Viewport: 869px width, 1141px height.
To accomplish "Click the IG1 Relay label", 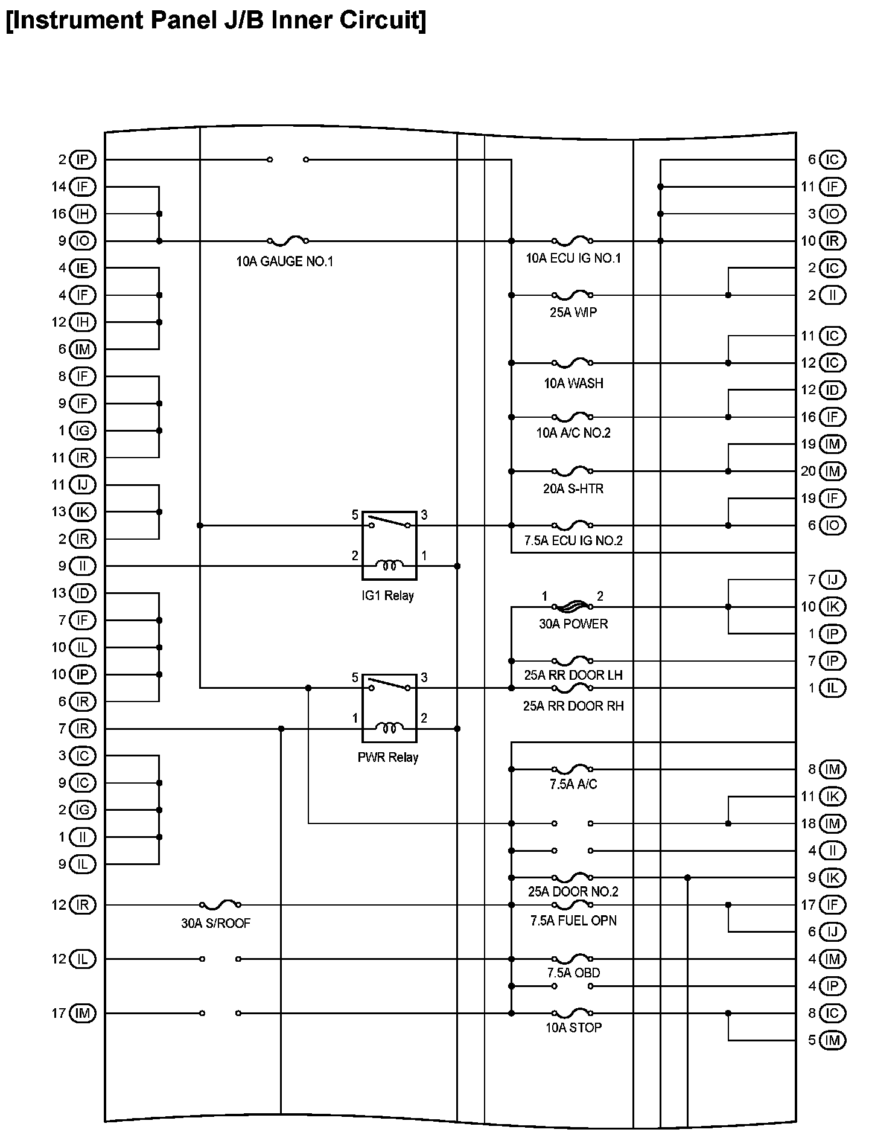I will point(388,596).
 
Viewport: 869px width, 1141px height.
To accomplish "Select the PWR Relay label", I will point(388,758).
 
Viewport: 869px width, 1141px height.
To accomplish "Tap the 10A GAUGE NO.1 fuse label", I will point(284,261).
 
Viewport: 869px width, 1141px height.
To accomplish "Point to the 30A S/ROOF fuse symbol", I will point(220,904).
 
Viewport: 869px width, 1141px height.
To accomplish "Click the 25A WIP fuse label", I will point(573,313).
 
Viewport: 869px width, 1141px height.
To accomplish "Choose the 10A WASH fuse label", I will point(573,383).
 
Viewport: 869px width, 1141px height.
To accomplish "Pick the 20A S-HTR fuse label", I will point(573,488).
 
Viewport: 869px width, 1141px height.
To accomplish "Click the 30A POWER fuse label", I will point(573,624).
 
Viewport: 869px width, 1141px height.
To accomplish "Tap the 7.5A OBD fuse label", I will point(573,973).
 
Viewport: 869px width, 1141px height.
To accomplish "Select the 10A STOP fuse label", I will point(573,1027).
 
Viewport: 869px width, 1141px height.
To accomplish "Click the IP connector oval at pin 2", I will point(83,160).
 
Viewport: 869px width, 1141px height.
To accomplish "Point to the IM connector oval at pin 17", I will point(83,1013).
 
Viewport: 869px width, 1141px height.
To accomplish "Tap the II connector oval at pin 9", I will point(83,566).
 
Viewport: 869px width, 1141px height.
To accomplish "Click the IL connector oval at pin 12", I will point(83,959).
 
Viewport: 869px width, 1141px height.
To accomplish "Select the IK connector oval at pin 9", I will point(832,878).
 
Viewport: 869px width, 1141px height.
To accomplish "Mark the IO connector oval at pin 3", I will point(832,214).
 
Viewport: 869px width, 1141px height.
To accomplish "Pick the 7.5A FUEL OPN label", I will point(573,921).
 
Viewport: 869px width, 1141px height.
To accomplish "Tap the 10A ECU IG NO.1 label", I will point(573,258).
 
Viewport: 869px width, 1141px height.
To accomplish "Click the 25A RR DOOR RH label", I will point(573,706).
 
